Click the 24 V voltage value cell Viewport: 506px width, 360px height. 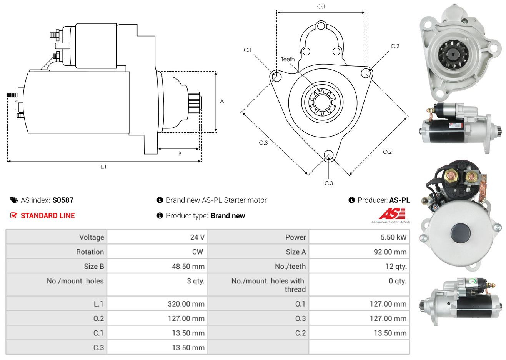tap(197, 237)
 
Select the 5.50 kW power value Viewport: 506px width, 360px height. tap(393, 237)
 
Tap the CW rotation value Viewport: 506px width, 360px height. tap(197, 252)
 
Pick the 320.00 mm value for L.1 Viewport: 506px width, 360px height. tap(186, 304)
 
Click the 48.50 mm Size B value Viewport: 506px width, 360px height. tap(188, 267)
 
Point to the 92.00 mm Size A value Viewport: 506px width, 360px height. tap(390, 252)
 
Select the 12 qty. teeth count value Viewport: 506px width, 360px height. tap(396, 267)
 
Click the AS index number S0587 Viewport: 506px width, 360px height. tap(63, 200)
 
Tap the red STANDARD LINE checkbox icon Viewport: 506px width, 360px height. tap(14, 215)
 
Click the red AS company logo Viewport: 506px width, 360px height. tap(391, 214)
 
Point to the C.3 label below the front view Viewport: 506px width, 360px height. tap(329, 183)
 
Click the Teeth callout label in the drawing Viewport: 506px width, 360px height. tap(288, 59)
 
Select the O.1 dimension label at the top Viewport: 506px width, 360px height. tap(321, 7)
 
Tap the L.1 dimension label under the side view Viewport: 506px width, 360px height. tap(103, 167)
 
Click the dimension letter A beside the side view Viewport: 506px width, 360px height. tap(222, 101)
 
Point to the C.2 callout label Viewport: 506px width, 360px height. tap(395, 46)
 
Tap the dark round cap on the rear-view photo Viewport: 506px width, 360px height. tap(460, 232)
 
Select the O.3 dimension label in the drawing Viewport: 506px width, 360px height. tap(263, 143)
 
